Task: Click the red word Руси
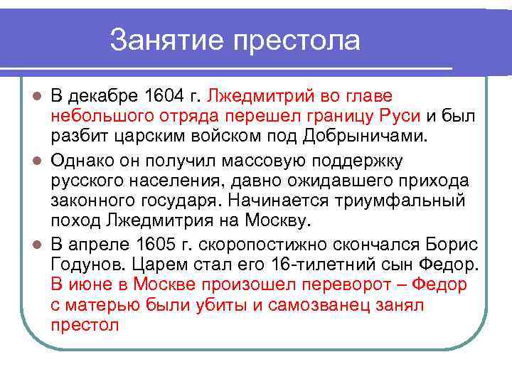pyautogui.click(x=404, y=115)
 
